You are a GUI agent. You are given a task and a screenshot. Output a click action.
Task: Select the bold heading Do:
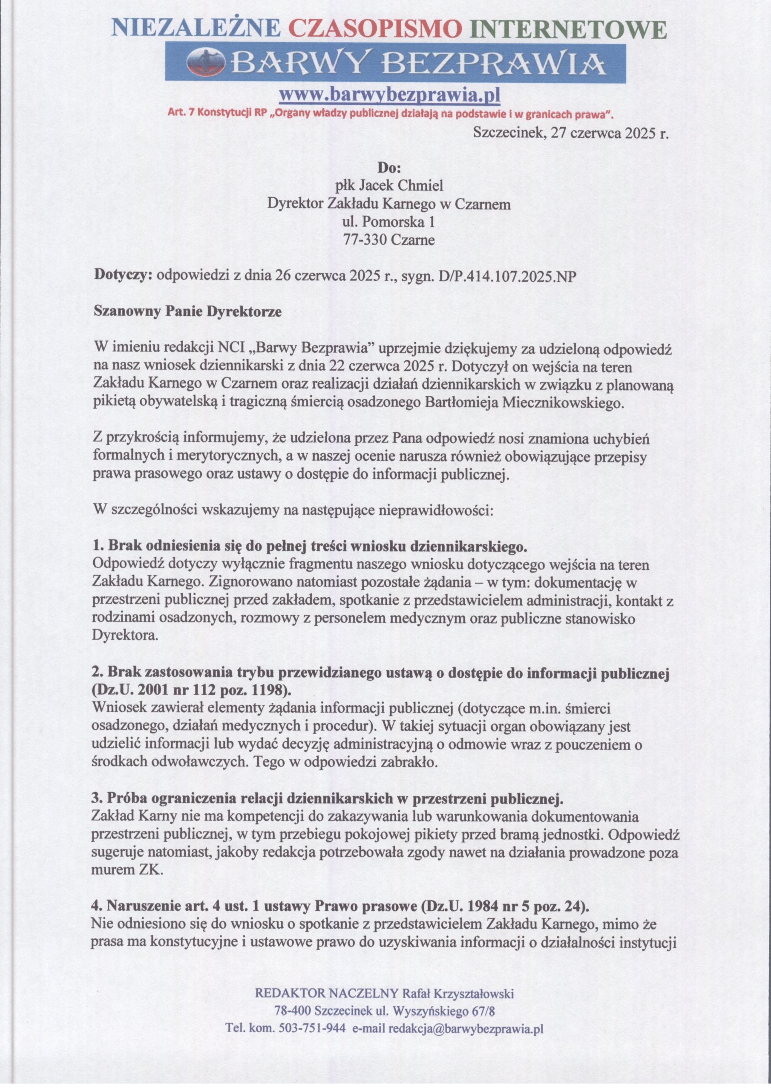(389, 168)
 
